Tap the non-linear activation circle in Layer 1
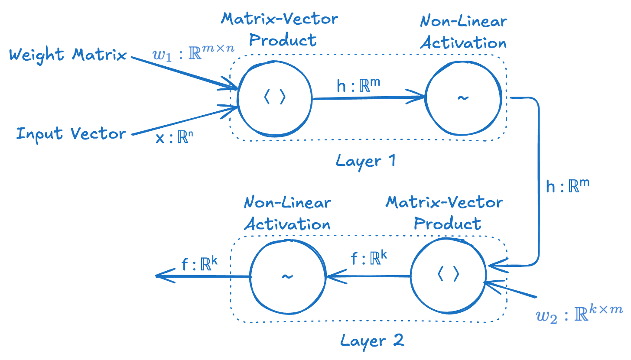coord(463,98)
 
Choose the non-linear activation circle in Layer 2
coord(288,276)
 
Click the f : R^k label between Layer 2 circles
coord(368,259)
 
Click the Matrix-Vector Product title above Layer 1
coord(279,29)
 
